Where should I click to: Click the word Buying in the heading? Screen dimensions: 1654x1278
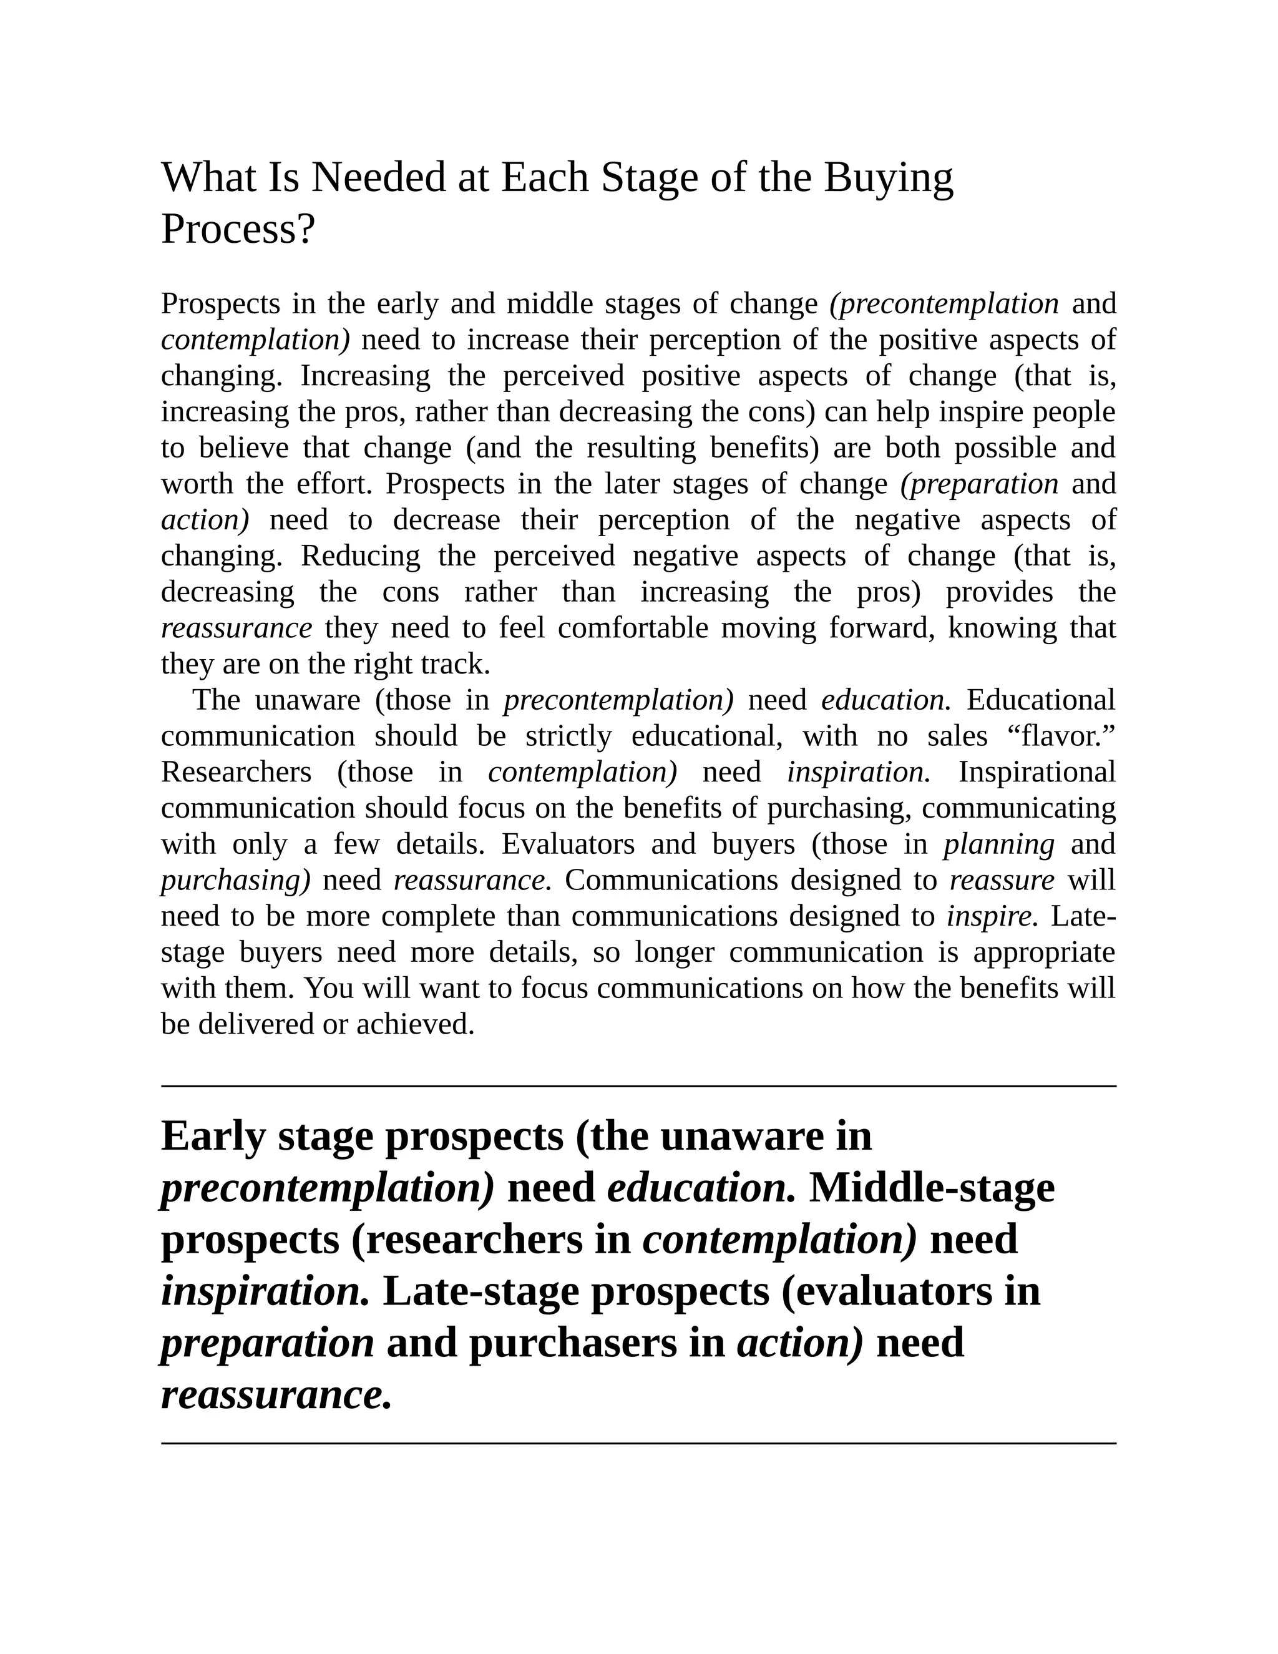pos(888,179)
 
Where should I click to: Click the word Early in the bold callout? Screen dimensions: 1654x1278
pos(213,1136)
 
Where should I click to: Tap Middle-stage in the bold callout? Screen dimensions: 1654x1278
pos(931,1188)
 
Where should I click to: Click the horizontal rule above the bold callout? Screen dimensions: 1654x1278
pos(638,1086)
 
